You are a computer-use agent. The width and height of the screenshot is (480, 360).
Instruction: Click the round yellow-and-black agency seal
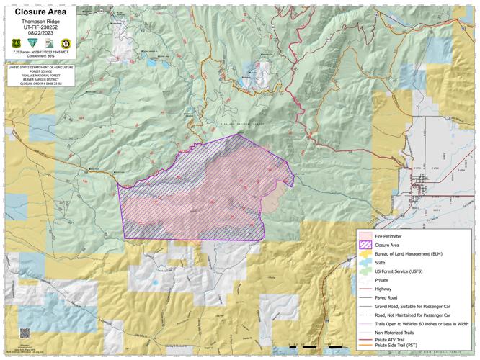click(65, 43)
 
